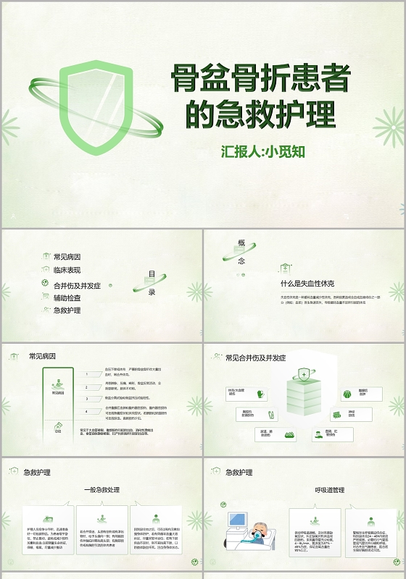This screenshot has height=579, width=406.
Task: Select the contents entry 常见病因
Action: pyautogui.click(x=67, y=256)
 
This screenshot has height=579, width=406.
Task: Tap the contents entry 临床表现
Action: pyautogui.click(x=67, y=270)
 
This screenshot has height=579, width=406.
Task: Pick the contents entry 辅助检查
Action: pyautogui.click(x=67, y=297)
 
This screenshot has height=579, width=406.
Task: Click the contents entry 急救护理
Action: pyautogui.click(x=67, y=310)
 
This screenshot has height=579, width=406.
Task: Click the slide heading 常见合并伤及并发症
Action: pyautogui.click(x=255, y=358)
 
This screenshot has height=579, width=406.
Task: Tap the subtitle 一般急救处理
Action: pyautogui.click(x=101, y=490)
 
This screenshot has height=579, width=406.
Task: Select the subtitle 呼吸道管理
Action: pyautogui.click(x=304, y=490)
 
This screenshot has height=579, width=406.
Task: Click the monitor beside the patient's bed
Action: pyautogui.click(x=236, y=520)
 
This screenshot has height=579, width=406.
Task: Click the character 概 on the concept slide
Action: pyautogui.click(x=241, y=243)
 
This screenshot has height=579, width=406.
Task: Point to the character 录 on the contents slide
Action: pyautogui.click(x=152, y=292)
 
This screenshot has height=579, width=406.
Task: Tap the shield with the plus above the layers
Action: pyautogui.click(x=304, y=376)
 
